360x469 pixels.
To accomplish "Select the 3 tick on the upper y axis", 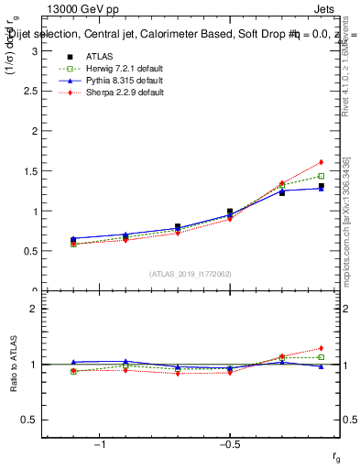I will point(33,51).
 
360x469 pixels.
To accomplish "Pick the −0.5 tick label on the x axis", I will point(229,444).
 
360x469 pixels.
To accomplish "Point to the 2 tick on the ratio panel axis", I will point(33,309).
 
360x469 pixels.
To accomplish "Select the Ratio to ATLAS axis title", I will point(12,365).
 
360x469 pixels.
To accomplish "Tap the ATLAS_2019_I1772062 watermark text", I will point(191,273).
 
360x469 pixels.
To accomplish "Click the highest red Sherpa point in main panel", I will point(321,162).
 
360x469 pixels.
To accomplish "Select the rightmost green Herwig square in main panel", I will point(321,176).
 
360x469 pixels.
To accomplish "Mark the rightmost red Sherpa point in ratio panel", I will point(321,348).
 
